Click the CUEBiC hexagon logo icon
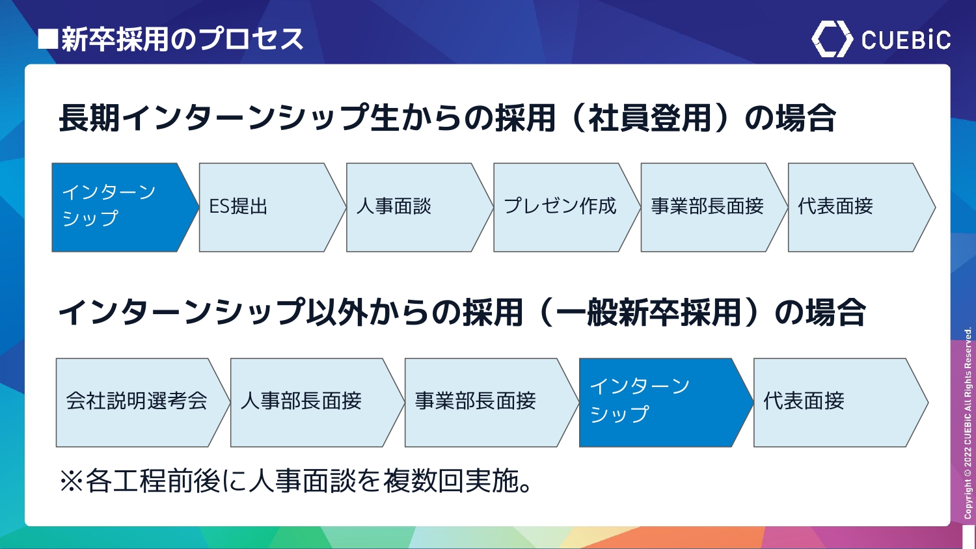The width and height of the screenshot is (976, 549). tap(832, 39)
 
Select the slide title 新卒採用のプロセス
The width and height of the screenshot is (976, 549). tap(182, 39)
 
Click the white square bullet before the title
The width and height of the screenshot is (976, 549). tap(48, 39)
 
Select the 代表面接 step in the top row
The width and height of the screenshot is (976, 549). tap(861, 208)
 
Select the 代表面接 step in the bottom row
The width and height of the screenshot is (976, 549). tap(841, 403)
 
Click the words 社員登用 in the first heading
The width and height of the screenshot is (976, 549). tap(649, 118)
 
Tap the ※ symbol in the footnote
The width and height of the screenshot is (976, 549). tap(72, 481)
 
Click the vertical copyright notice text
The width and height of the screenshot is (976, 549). tap(968, 423)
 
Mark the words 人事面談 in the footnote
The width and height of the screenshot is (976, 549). tap(303, 481)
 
